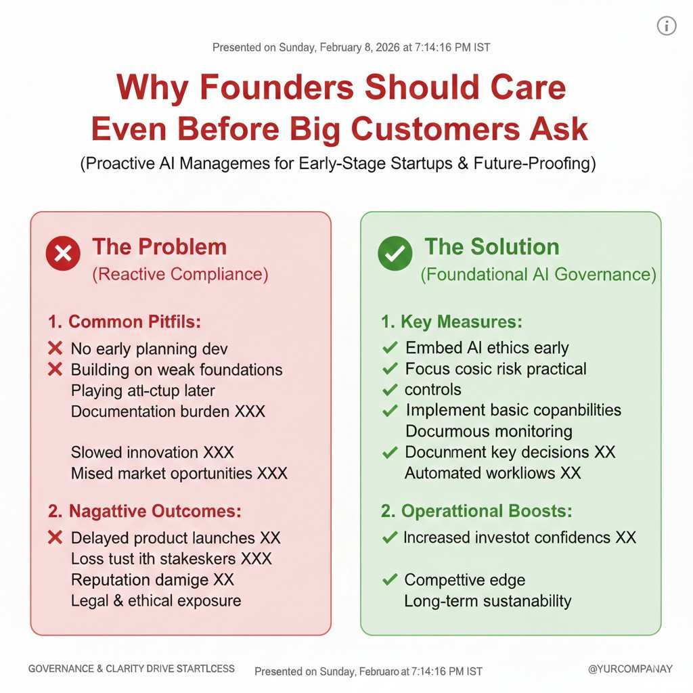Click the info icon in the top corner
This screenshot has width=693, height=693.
pos(667,26)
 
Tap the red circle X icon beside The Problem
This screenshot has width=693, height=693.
pos(63,253)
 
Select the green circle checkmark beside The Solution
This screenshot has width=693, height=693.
pos(395,253)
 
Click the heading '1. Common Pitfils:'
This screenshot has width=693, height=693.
pos(125,321)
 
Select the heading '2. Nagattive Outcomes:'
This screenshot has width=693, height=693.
pos(145,512)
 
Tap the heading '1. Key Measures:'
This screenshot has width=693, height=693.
pos(451,321)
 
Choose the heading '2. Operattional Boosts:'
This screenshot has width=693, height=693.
pos(476,512)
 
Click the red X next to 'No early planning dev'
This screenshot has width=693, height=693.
pos(55,349)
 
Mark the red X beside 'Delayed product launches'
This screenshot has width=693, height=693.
pos(55,537)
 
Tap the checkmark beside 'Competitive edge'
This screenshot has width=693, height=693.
pos(390,579)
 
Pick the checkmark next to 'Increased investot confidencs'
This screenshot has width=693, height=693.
pos(390,537)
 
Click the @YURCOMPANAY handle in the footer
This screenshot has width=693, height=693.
pos(630,669)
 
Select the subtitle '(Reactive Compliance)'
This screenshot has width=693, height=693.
pos(180,275)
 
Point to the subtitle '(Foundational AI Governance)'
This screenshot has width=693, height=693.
pos(538,275)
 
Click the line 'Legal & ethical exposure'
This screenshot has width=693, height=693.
pos(156,601)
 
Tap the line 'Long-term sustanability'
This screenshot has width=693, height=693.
pos(488,601)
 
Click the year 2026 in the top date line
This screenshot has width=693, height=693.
pos(388,47)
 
